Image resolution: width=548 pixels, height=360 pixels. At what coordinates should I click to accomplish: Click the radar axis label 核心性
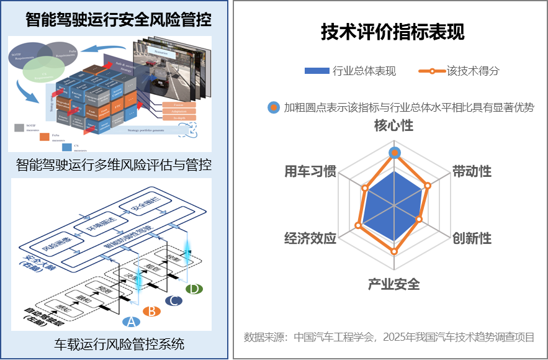pos(393,126)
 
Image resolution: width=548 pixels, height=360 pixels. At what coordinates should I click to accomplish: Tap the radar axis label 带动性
pos(472,171)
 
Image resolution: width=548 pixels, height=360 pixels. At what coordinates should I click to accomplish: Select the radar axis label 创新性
pos(472,238)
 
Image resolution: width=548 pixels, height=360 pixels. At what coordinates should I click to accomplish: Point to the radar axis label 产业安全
pos(393,284)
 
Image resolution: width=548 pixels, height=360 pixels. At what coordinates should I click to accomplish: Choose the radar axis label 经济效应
pos(310,238)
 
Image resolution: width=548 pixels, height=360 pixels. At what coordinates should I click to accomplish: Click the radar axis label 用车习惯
pos(310,171)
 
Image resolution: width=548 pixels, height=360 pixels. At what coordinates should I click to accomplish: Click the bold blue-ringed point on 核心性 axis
pos(393,153)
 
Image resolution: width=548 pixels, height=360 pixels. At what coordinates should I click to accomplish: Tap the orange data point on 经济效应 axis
pos(357,225)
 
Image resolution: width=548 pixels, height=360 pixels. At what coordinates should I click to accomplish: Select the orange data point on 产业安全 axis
pos(393,251)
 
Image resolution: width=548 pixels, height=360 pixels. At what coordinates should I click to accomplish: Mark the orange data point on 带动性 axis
pos(427,185)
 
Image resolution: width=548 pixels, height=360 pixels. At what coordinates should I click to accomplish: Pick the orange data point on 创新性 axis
pos(419,219)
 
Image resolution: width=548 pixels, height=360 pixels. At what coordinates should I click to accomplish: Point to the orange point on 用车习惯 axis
pos(365,187)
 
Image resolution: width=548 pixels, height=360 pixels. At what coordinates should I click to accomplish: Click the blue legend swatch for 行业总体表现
pos(317,71)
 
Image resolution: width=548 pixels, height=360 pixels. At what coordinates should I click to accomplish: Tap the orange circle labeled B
pos(150,312)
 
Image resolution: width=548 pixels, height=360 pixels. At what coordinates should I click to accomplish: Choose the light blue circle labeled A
pos(129,321)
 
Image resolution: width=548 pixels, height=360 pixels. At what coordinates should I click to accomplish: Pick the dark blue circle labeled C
pos(173,301)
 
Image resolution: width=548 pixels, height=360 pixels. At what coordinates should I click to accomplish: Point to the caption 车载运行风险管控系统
pos(120,343)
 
